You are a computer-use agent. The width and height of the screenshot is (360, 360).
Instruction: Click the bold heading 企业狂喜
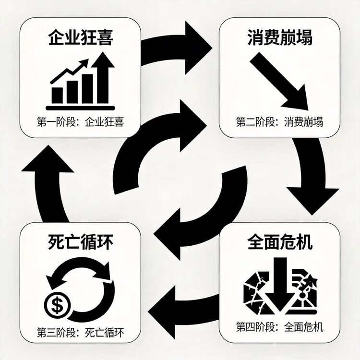point(81,37)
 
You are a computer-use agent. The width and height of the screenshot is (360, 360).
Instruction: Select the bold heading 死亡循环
point(81,242)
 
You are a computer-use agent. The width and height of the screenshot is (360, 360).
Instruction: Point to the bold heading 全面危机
point(280,242)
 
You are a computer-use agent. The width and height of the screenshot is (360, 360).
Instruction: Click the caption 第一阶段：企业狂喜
point(81,122)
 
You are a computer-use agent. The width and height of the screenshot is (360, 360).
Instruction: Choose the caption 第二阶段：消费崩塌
point(280,122)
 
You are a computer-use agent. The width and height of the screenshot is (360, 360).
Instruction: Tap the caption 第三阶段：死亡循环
point(81,333)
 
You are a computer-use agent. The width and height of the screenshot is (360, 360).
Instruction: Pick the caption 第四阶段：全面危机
point(280,327)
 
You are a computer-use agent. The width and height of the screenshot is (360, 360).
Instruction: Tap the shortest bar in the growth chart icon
point(57,95)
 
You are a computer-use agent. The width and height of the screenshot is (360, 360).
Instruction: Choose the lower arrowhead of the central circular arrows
point(167,234)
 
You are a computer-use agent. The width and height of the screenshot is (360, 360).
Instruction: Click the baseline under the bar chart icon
point(81,108)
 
